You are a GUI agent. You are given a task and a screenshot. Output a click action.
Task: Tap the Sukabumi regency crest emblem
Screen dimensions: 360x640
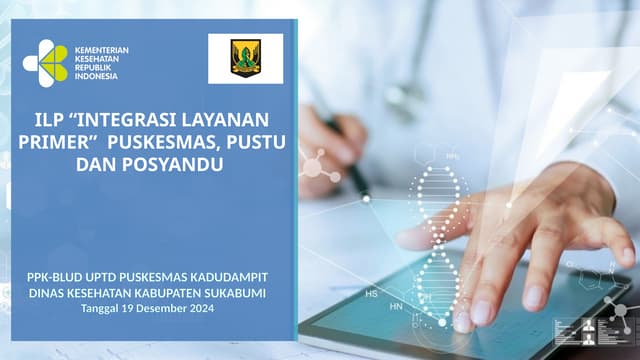pyautogui.click(x=245, y=59)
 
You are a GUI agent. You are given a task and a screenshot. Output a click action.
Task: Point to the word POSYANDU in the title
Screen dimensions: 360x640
pyautogui.click(x=172, y=164)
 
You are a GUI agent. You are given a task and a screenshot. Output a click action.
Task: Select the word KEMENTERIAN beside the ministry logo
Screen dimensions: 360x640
pyautogui.click(x=102, y=49)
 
